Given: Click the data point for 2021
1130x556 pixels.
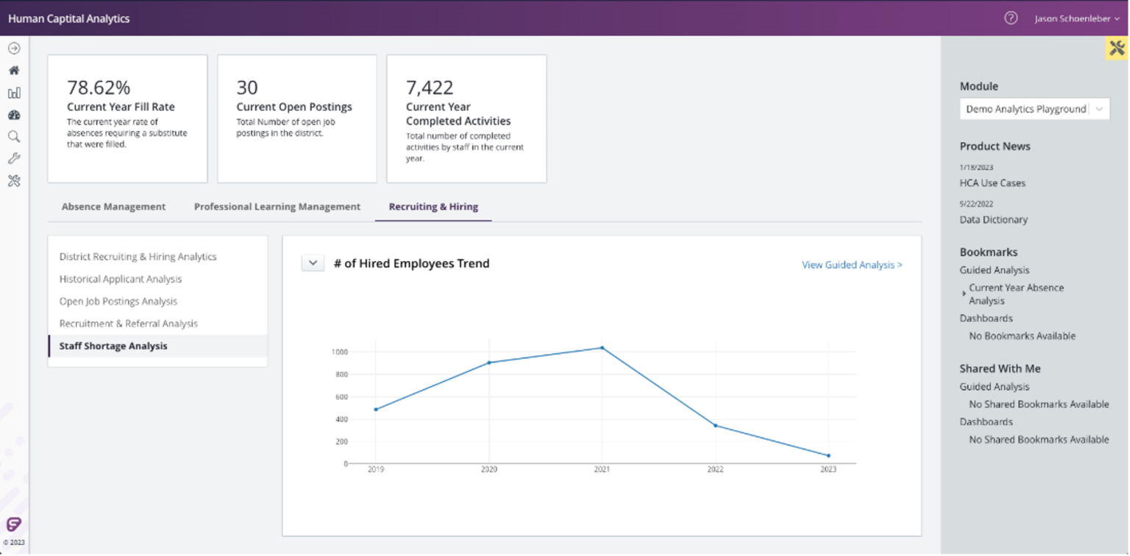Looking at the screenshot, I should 602,348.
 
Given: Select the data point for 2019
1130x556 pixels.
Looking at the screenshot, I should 375,410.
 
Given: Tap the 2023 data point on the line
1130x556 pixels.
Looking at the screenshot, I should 828,456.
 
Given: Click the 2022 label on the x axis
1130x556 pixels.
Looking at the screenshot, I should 715,469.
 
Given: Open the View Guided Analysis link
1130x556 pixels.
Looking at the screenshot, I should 852,265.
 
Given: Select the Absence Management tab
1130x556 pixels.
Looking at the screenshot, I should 113,207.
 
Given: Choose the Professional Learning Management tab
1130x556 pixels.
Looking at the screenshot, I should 277,207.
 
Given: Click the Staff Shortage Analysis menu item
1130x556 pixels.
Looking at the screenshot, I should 113,346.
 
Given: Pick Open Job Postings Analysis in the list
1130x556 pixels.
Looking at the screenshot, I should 118,302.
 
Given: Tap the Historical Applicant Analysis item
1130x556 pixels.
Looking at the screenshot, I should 121,279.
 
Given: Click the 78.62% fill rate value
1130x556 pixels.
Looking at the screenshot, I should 98,88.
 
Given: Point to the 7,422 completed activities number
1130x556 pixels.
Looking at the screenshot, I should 430,88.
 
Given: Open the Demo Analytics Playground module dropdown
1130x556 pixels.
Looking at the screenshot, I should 1034,109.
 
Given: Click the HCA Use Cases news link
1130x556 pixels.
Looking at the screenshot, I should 992,183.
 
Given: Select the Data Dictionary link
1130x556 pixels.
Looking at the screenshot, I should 993,220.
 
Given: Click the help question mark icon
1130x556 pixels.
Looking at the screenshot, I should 1011,18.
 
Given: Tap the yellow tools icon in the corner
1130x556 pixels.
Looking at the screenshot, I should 1117,49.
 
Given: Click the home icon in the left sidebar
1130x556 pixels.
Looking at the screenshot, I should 14,71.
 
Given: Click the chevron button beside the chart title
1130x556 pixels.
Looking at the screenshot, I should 313,263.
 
